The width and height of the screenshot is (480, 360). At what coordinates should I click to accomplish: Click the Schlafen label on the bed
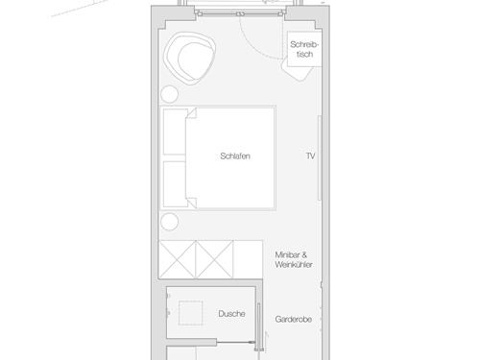pyautogui.click(x=234, y=156)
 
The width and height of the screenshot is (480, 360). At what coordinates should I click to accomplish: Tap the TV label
pyautogui.click(x=310, y=156)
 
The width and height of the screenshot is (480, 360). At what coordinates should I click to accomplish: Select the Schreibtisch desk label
pyautogui.click(x=303, y=50)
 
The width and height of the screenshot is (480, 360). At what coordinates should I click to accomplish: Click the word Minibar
pyautogui.click(x=290, y=254)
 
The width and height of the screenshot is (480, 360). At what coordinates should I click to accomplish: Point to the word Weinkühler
pyautogui.click(x=294, y=264)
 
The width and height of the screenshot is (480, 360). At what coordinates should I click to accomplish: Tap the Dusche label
pyautogui.click(x=231, y=314)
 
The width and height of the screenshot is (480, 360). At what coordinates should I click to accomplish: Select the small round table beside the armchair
pyautogui.click(x=169, y=95)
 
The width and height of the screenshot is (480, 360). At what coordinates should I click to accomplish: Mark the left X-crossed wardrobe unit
pyautogui.click(x=179, y=257)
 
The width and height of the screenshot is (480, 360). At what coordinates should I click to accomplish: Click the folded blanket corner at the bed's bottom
pyautogui.click(x=191, y=201)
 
